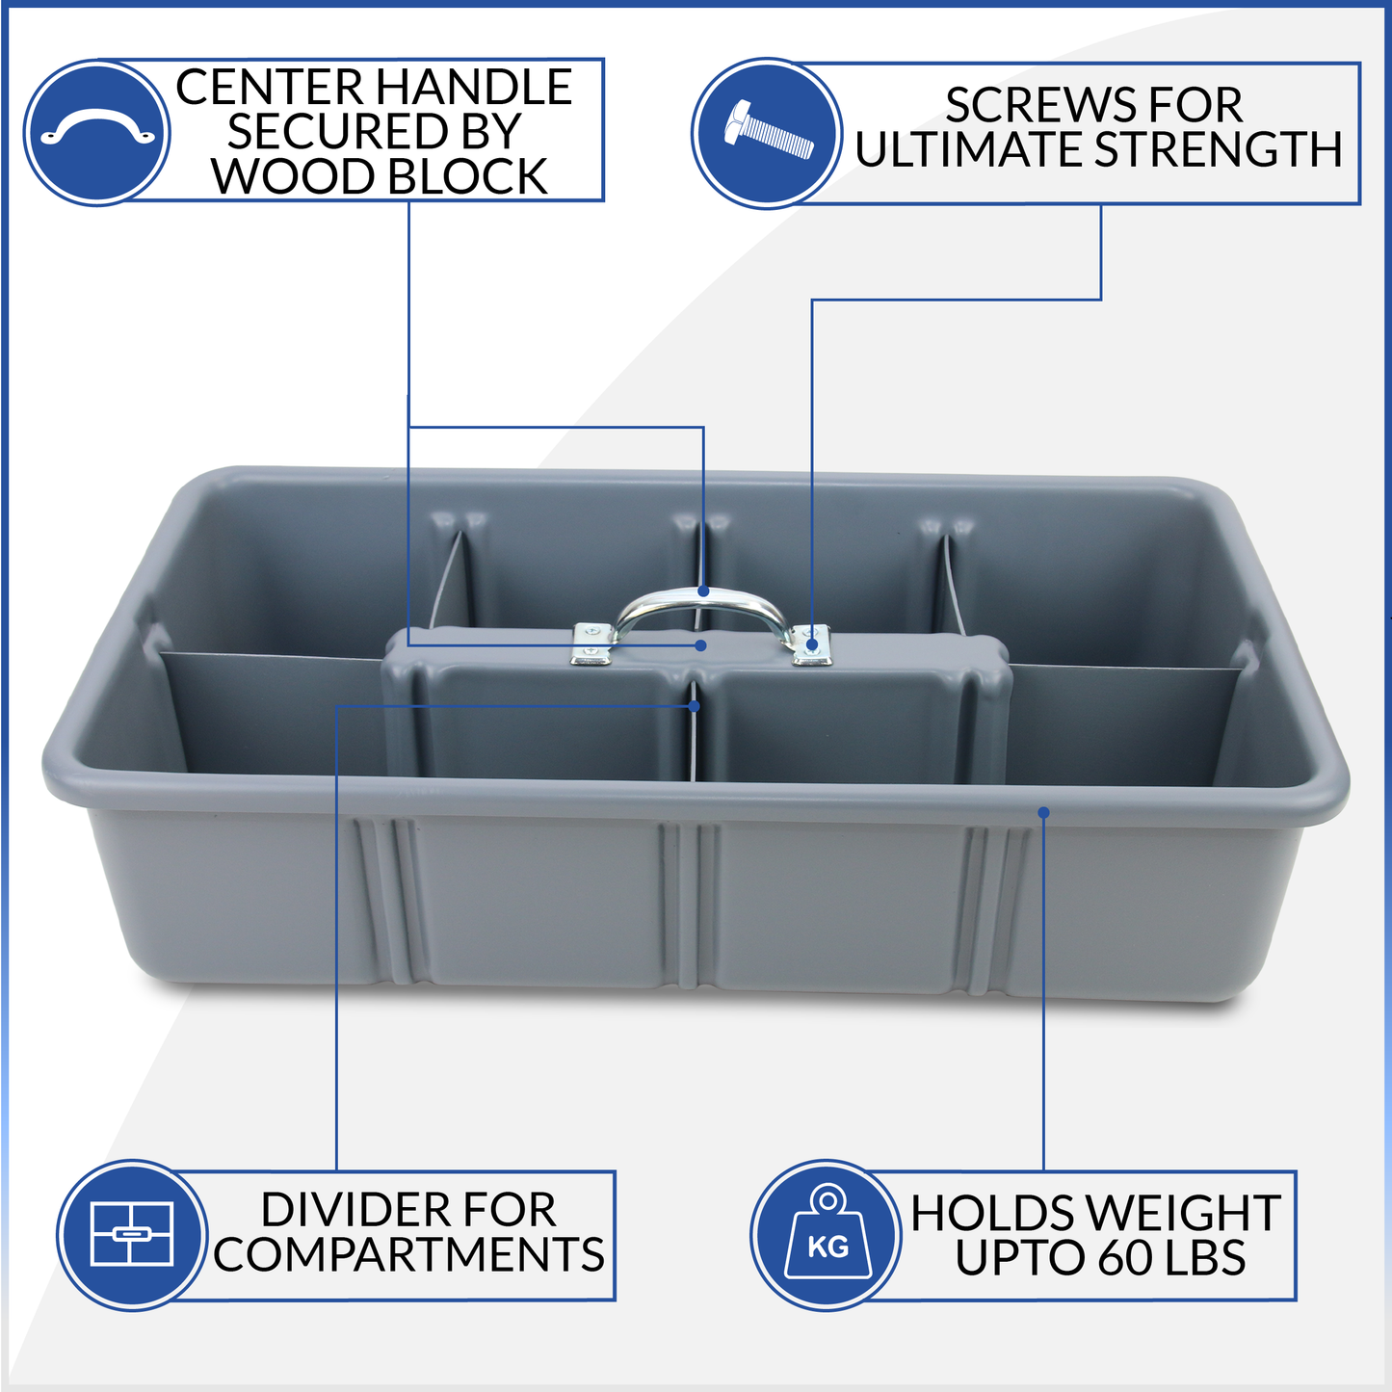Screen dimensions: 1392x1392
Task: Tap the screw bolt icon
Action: coord(768,132)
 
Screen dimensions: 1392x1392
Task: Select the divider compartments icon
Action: coord(132,1235)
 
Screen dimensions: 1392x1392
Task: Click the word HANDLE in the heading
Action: coord(473,87)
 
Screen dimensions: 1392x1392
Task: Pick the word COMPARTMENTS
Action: coord(408,1254)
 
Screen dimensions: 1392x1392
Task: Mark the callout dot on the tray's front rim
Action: coord(1043,813)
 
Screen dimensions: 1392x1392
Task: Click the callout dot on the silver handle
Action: coord(704,591)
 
